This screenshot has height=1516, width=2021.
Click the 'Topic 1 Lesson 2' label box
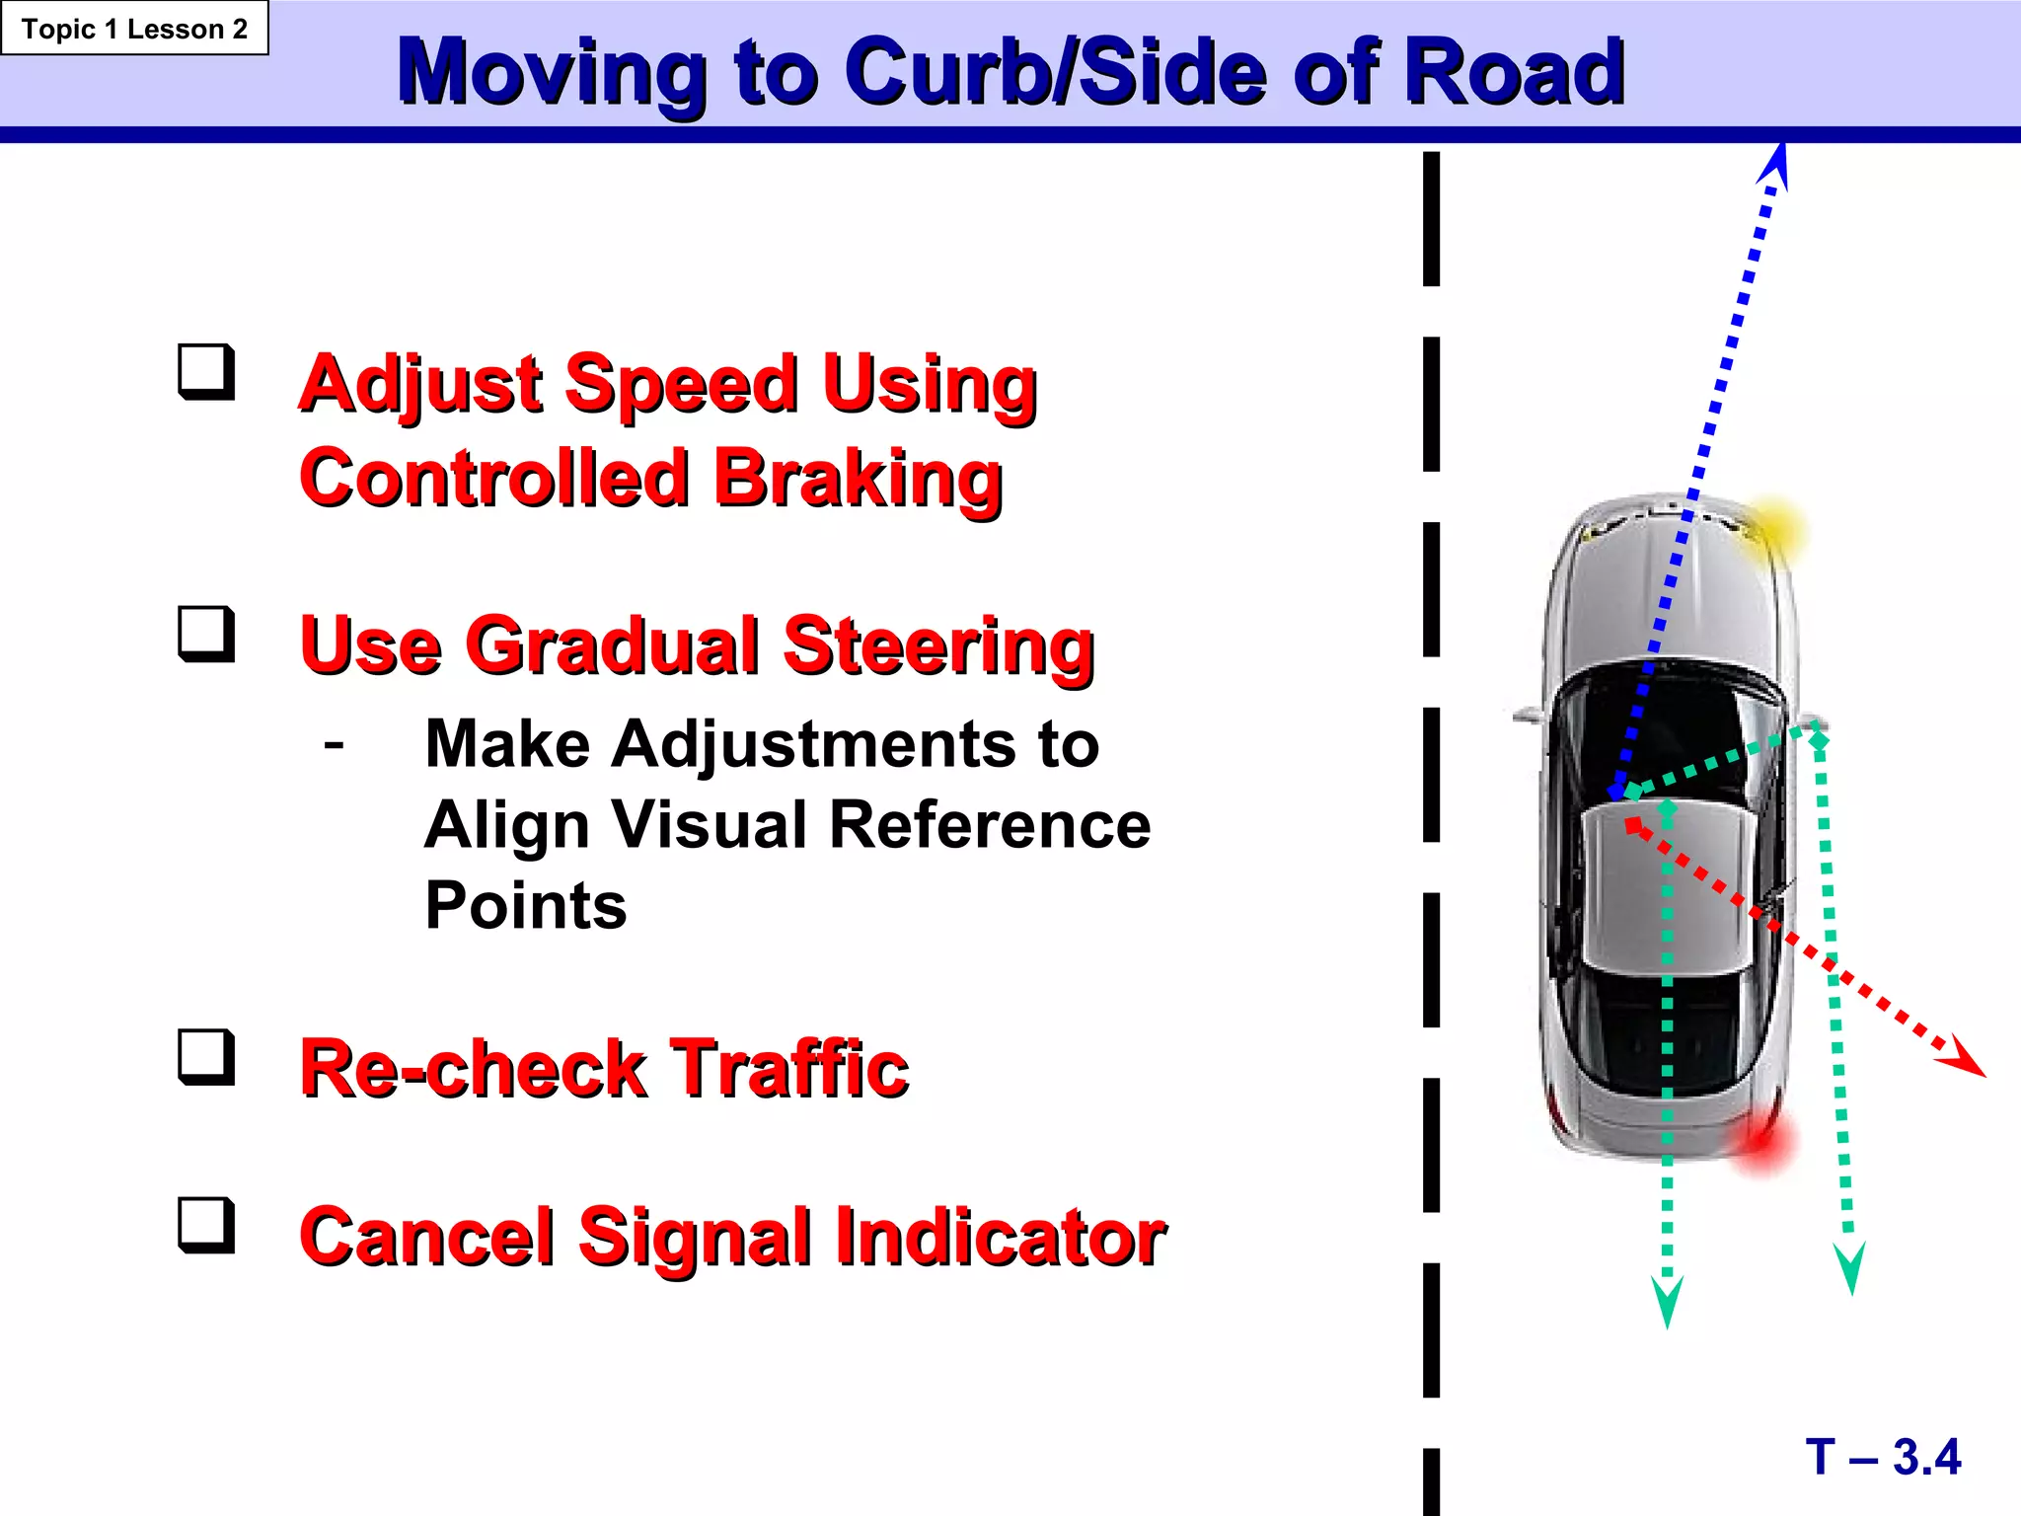click(134, 29)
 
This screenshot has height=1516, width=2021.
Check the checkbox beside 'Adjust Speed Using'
click(206, 372)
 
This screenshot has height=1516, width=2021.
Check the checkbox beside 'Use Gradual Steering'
click(206, 634)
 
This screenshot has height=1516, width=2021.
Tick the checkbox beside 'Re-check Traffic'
click(206, 1057)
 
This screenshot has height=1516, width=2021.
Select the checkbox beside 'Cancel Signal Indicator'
click(206, 1225)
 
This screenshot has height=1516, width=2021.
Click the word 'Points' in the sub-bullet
click(526, 905)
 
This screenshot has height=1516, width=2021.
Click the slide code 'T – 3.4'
click(1883, 1457)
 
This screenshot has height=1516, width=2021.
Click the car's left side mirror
click(1528, 713)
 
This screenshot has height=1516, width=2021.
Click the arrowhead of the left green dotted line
click(1667, 1303)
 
